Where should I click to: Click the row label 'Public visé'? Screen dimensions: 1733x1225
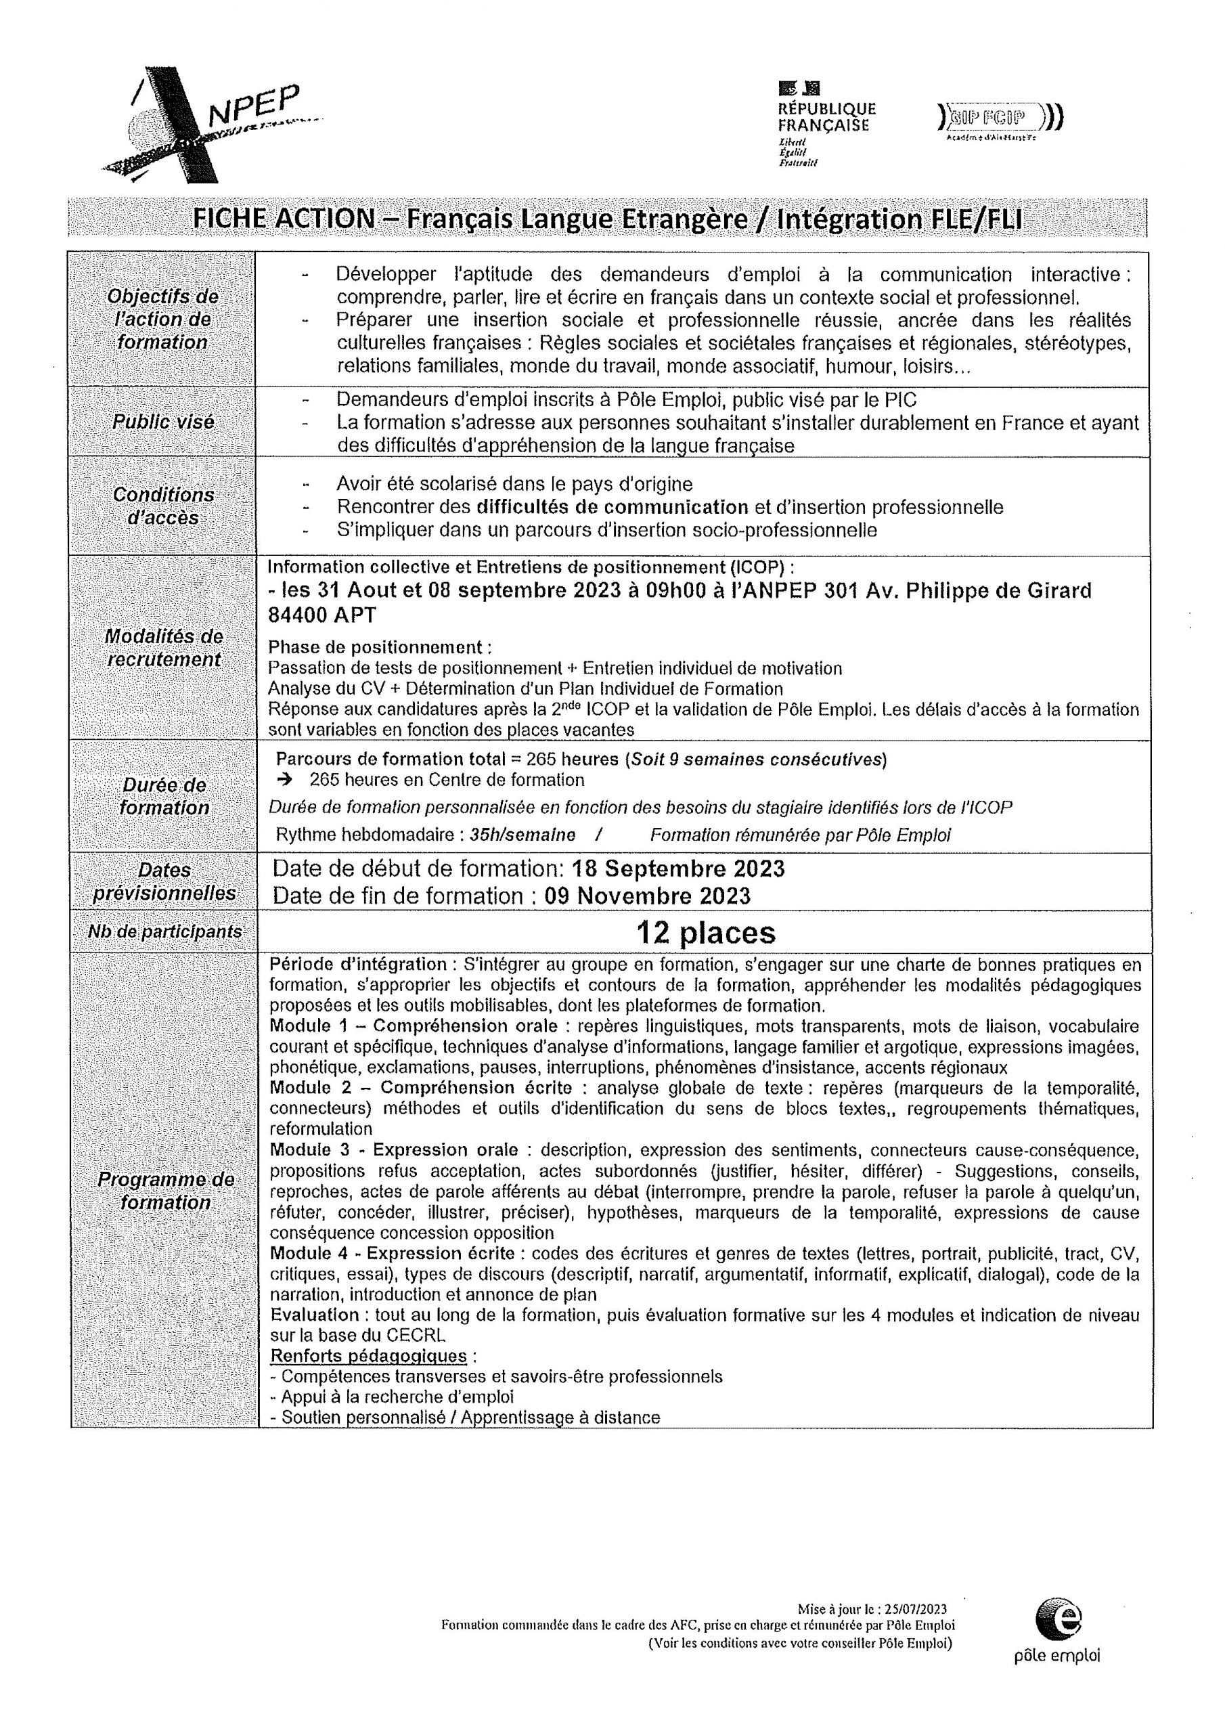tap(163, 421)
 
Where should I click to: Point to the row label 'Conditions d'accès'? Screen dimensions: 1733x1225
tap(163, 506)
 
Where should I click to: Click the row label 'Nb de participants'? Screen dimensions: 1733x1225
tap(164, 931)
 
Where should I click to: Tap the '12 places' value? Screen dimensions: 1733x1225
tap(705, 933)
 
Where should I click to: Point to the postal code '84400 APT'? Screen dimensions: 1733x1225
tap(322, 615)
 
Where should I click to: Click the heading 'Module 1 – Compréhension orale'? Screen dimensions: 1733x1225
tap(414, 1026)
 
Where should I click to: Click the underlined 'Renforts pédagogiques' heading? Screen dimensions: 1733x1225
tap(368, 1357)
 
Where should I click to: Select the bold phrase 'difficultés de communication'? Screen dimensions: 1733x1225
tap(612, 506)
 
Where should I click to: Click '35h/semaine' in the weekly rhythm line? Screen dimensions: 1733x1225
tap(522, 835)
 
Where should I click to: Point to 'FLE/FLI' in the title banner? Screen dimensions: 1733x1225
tap(974, 218)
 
